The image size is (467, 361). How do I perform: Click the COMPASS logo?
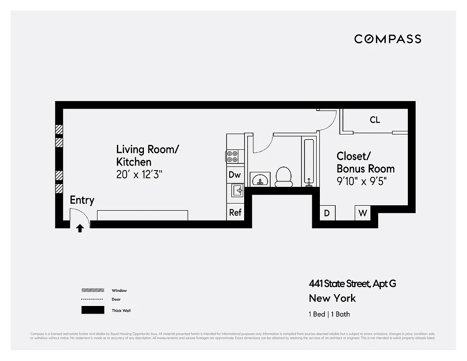coord(388,39)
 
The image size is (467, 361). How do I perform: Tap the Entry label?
coord(82,200)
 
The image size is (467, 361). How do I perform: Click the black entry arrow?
coord(80,228)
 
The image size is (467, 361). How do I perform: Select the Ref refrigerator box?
coord(235,212)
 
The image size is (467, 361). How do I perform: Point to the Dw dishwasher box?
coord(235,175)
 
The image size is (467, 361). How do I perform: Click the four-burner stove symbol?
coord(232,157)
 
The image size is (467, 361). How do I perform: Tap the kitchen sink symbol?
coord(237,190)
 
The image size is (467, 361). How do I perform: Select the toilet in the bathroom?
coord(284,177)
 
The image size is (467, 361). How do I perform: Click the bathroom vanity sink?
coord(260,179)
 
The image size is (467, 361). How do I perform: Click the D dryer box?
coord(327,213)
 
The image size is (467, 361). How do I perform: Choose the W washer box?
coord(362,213)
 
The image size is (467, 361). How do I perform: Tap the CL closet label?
coord(375,120)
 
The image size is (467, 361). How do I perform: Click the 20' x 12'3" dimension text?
coord(139,175)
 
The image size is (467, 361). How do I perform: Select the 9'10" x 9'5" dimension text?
coord(361,181)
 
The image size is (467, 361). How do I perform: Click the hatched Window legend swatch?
coord(92,290)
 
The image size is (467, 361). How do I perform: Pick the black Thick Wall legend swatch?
coord(92,310)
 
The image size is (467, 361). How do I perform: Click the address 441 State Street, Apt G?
coord(352,284)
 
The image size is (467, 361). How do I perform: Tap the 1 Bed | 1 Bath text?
coord(329,314)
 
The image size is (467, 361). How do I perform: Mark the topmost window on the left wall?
coord(59,130)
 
